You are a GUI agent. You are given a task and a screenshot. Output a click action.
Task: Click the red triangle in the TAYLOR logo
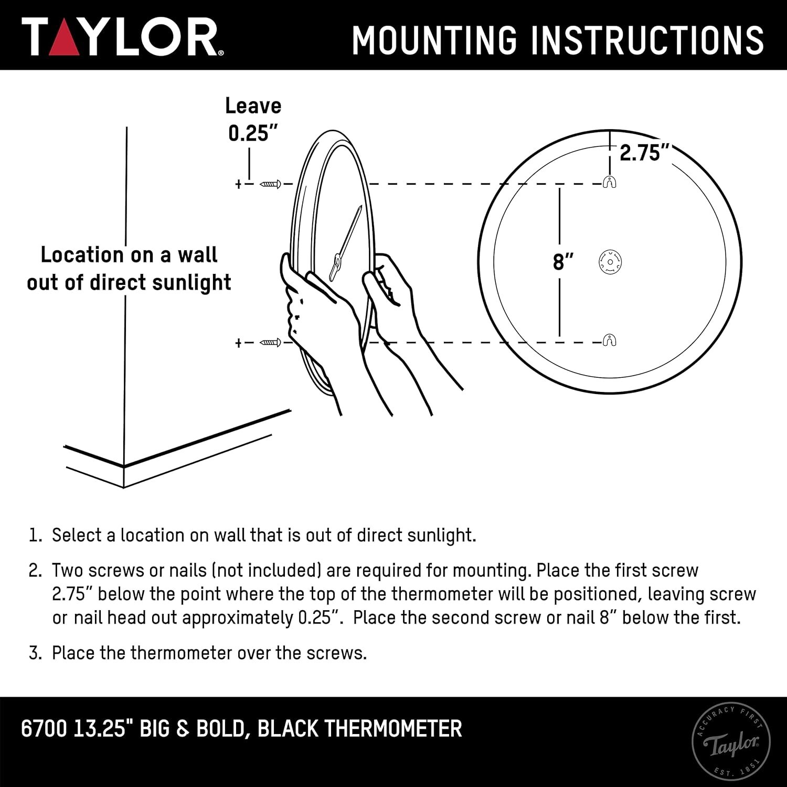[64, 40]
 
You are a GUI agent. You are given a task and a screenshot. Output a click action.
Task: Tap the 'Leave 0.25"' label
[253, 120]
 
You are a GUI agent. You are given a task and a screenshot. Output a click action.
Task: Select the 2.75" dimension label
[645, 153]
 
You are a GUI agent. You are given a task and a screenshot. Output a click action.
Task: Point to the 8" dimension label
[563, 261]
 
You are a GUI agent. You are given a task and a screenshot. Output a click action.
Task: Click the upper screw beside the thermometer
[271, 184]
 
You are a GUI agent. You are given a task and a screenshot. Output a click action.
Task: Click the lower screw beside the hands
[271, 343]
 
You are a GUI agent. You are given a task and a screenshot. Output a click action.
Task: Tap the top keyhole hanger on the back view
[610, 182]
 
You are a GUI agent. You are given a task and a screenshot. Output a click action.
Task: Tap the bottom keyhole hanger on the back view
[609, 340]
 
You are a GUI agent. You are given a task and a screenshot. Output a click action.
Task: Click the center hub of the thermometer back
[610, 261]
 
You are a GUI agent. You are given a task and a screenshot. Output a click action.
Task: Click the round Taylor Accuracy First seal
[731, 741]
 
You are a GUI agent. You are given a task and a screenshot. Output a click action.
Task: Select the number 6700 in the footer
[44, 729]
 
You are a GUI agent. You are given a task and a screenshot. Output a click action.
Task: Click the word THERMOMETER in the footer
[393, 729]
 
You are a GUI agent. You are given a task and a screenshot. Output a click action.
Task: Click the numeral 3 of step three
[34, 653]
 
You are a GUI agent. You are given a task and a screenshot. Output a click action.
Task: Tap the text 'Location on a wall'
[129, 255]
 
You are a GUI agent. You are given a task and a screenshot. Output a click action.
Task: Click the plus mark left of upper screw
[238, 184]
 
